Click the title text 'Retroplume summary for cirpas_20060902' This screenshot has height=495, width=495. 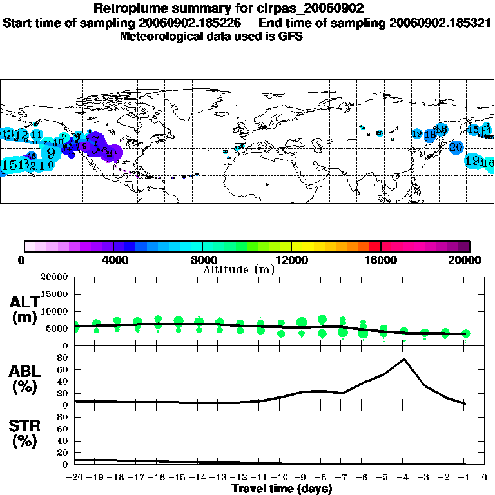coord(229,8)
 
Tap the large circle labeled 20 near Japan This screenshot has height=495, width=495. coord(456,147)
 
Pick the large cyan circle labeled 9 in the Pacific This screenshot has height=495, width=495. coord(50,152)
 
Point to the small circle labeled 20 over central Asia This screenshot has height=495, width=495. coord(380,133)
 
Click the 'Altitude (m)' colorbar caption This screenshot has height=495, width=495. coord(238,269)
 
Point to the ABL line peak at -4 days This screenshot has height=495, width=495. coord(404,359)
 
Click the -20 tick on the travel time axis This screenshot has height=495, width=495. coord(75,478)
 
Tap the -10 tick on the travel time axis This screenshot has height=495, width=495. coord(280,478)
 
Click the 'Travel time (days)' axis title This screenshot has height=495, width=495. coord(282,489)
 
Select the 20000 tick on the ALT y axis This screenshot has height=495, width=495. coord(55,277)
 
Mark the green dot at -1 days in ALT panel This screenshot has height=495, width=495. coord(466,333)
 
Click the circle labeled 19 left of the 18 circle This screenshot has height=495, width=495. coord(417,134)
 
